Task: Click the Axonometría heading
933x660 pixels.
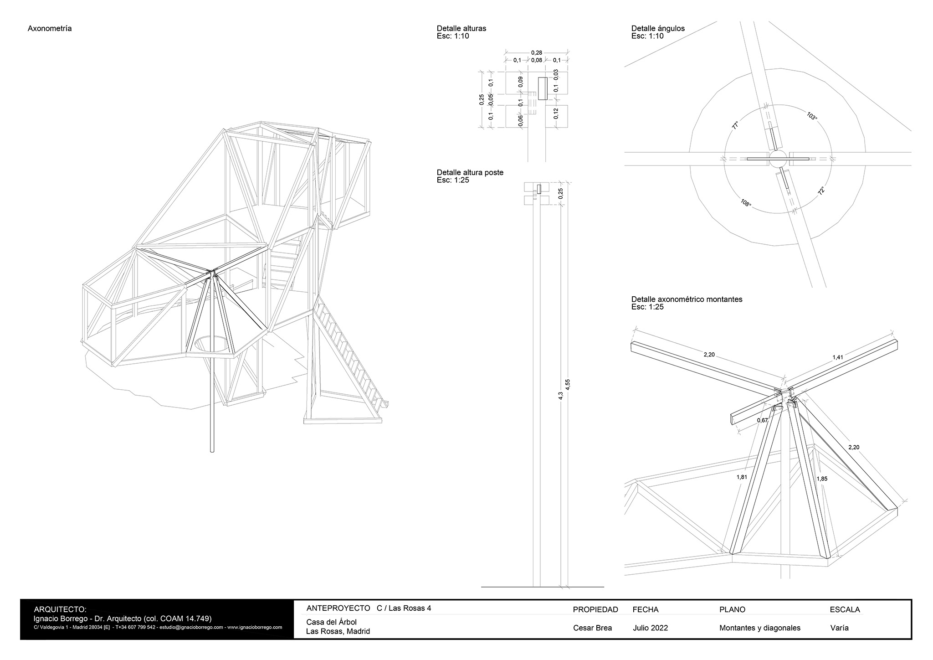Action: coord(50,29)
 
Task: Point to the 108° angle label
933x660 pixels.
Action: coord(745,202)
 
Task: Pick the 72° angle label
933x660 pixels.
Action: coord(822,191)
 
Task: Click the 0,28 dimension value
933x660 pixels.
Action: coord(537,53)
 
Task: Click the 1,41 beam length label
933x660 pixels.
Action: coord(838,358)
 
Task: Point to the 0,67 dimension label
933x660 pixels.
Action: coord(762,420)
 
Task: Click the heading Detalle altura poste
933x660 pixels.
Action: coord(470,173)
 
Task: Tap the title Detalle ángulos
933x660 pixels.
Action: coord(658,28)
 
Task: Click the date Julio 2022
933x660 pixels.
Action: coord(651,628)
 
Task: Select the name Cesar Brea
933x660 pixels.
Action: coord(593,628)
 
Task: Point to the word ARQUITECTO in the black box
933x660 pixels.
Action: coord(60,609)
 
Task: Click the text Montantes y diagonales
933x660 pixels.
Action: coord(760,628)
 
